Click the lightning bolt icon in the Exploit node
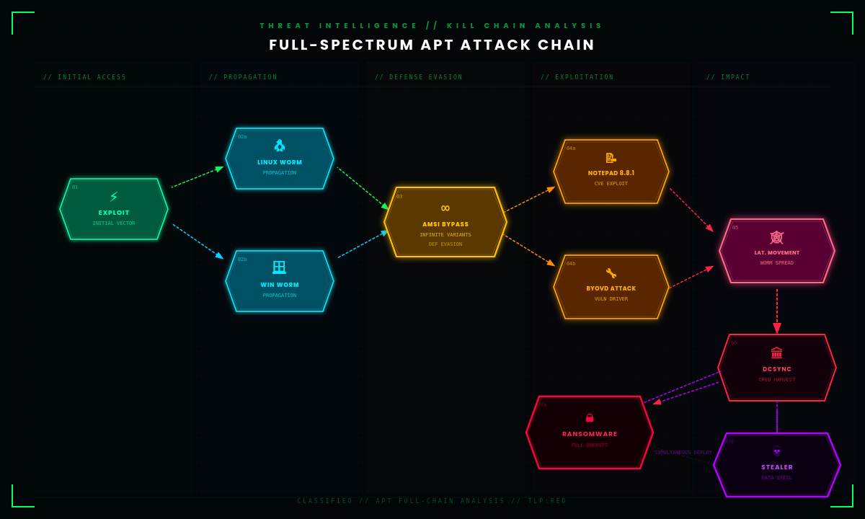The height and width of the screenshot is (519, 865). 114,197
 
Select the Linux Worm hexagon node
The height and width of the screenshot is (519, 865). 280,159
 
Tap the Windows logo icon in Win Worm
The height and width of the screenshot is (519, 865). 279,267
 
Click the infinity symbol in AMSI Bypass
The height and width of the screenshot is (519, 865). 445,208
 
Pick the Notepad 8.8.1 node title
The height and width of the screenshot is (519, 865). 611,173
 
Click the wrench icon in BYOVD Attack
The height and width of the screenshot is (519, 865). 611,273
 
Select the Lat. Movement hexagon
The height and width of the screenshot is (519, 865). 777,251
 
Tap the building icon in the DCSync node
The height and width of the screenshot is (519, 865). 777,353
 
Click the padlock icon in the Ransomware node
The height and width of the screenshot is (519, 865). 590,418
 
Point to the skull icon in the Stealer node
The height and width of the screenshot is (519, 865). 777,452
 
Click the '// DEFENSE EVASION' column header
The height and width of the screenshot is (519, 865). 419,77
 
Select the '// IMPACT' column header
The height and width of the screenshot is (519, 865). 728,77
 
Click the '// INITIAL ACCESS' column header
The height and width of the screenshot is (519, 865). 84,77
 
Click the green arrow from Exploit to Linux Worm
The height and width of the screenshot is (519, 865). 197,177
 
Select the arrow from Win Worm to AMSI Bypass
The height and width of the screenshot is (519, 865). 363,244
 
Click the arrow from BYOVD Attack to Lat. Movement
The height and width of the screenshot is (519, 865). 691,278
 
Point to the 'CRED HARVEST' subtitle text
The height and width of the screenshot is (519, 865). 777,379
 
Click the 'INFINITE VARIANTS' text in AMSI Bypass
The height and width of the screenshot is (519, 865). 445,234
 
